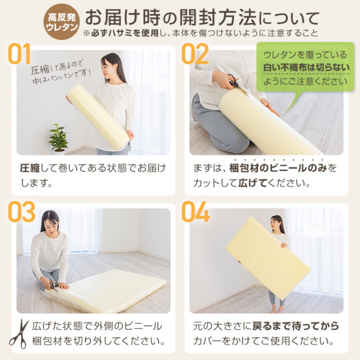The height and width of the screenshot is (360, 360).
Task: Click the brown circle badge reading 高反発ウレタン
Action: tap(61, 22)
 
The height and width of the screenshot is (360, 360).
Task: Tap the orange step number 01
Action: tap(19, 54)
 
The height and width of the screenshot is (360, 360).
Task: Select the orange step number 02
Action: tap(195, 54)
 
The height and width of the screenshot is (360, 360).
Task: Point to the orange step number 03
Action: tap(21, 211)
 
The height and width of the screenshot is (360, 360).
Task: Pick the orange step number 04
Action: tap(195, 211)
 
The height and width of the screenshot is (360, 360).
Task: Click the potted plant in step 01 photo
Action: tap(58, 138)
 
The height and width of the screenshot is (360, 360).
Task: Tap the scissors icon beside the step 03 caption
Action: tap(19, 334)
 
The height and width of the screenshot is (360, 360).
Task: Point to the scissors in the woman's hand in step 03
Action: tap(53, 287)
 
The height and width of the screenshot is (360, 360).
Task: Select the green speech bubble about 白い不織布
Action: tap(305, 68)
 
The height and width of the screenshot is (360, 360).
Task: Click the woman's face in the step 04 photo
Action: tap(275, 223)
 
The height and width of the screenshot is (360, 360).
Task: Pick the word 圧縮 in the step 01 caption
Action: tap(30, 168)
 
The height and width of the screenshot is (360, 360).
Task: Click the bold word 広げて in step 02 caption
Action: tap(253, 183)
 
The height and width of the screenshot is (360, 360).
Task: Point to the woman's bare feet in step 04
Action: tap(277, 310)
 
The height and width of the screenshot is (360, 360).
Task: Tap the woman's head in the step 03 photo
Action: tap(50, 220)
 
